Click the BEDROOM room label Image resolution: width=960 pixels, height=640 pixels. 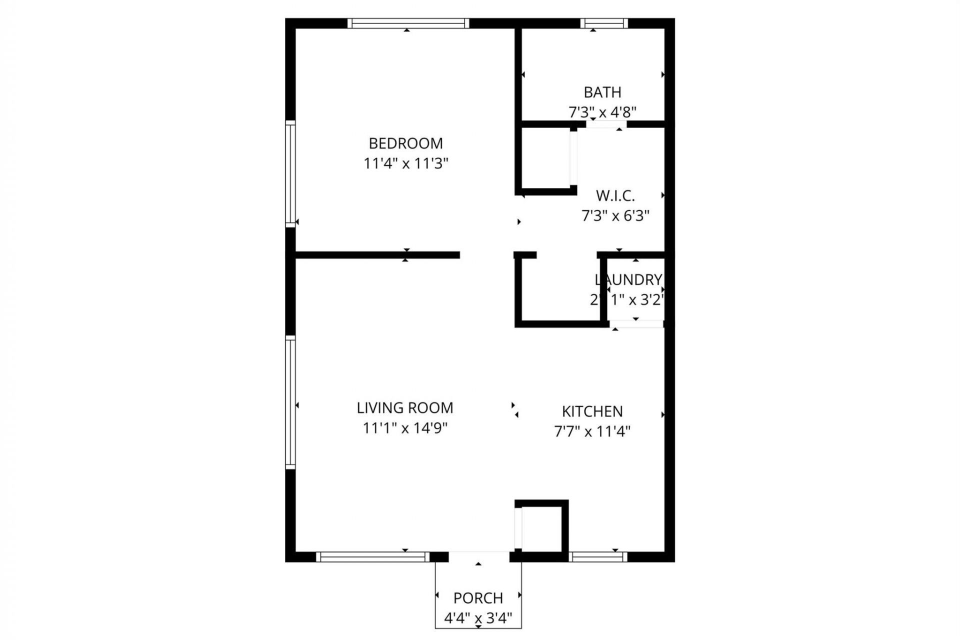pos(405,143)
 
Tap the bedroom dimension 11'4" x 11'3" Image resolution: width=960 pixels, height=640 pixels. pos(405,163)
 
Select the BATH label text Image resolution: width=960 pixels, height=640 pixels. pos(602,92)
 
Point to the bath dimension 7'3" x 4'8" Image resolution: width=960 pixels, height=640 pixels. pos(602,112)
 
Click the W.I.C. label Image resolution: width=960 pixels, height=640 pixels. pos(615,195)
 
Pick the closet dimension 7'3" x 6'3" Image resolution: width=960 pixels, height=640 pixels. pos(615,216)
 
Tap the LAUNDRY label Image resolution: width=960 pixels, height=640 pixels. pos(628,279)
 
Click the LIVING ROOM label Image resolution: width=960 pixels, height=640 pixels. pos(405,408)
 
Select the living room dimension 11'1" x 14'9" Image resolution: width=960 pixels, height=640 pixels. pos(405,428)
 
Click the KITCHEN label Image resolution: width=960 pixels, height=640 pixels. pos(592,411)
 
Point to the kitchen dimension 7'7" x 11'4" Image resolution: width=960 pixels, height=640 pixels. pos(592,431)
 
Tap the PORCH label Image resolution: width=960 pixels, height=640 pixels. pos(478,598)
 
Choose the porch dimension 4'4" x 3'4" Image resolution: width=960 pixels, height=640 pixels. pos(478,619)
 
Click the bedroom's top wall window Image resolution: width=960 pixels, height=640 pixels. pos(408,23)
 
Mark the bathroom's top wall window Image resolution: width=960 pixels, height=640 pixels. pos(604,23)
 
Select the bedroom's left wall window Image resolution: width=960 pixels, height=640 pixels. pos(290,173)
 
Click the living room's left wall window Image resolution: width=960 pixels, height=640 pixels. pos(290,402)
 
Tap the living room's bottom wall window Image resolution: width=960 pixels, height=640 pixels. pos(372,557)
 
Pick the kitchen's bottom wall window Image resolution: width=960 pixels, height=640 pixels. pos(598,557)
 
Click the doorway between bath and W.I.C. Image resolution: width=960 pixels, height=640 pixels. pos(606,124)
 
